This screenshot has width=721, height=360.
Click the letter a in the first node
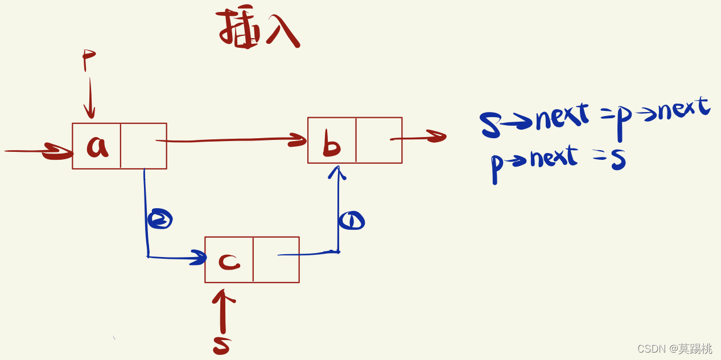(97, 146)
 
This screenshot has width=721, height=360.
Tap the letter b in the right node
(331, 145)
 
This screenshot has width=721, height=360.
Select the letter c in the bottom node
(229, 261)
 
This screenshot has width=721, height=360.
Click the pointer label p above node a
(88, 59)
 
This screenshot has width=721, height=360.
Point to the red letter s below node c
(221, 345)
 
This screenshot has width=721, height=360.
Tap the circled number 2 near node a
(160, 219)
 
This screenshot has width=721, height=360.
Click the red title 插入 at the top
(258, 28)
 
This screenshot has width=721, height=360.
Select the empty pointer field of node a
(143, 146)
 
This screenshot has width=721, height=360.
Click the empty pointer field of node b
(379, 140)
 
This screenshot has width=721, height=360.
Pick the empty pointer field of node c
(276, 260)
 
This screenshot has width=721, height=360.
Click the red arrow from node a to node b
(233, 140)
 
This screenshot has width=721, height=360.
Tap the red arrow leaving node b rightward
(421, 137)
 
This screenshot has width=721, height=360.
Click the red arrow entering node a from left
(40, 151)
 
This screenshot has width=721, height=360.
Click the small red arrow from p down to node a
(90, 100)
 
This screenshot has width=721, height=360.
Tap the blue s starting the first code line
(490, 125)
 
